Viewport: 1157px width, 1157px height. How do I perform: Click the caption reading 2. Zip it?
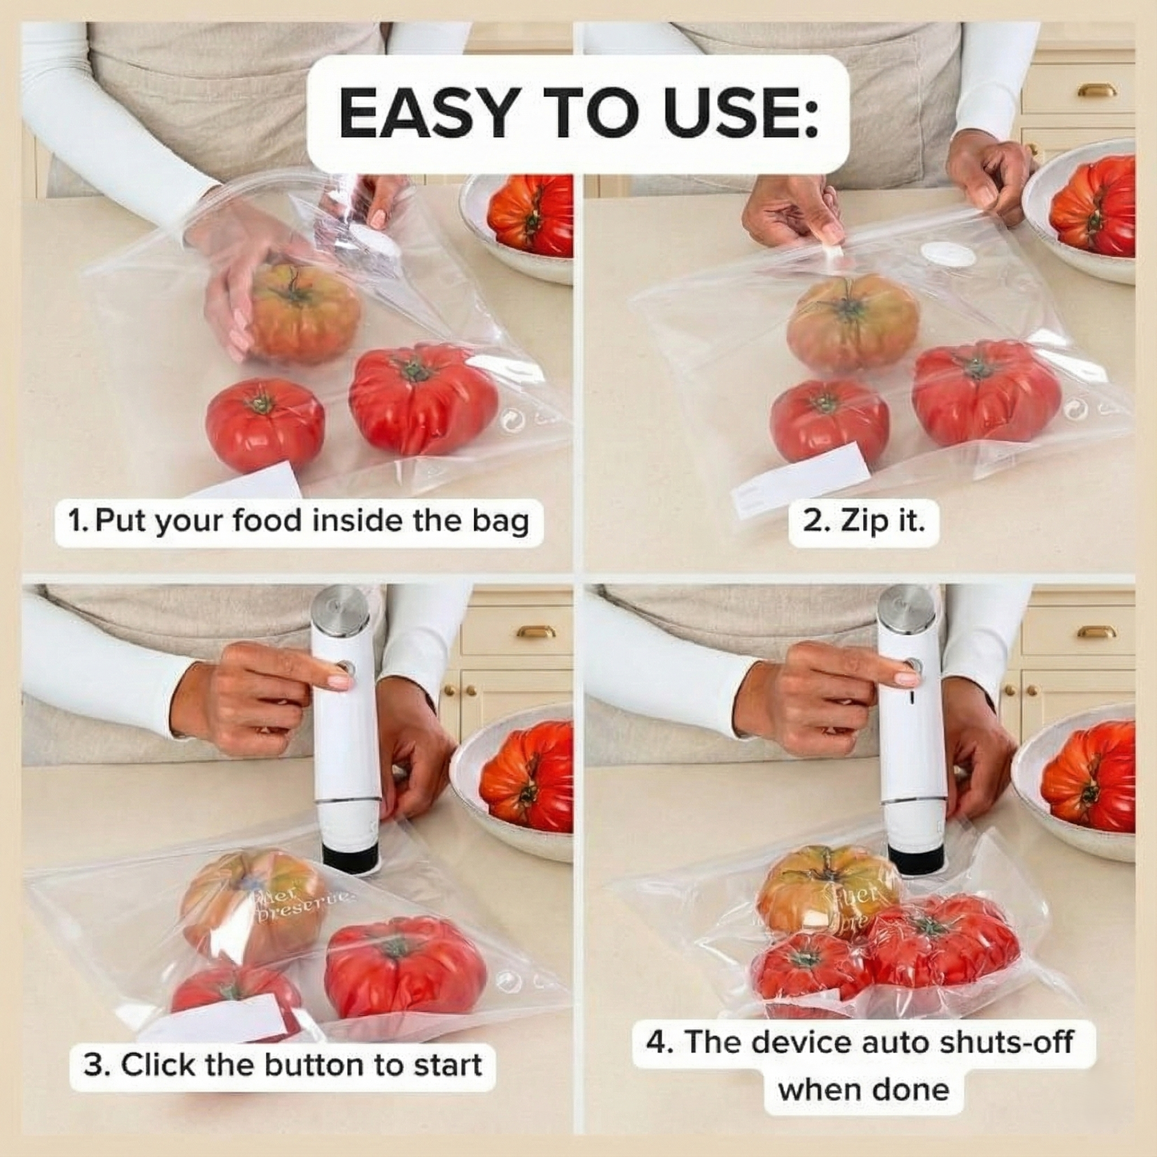pyautogui.click(x=863, y=521)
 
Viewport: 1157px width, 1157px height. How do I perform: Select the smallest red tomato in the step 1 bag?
pyautogui.click(x=265, y=424)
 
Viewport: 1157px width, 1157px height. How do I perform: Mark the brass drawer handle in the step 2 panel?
pyautogui.click(x=1096, y=90)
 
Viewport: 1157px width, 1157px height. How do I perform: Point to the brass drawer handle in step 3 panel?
pyautogui.click(x=536, y=632)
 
